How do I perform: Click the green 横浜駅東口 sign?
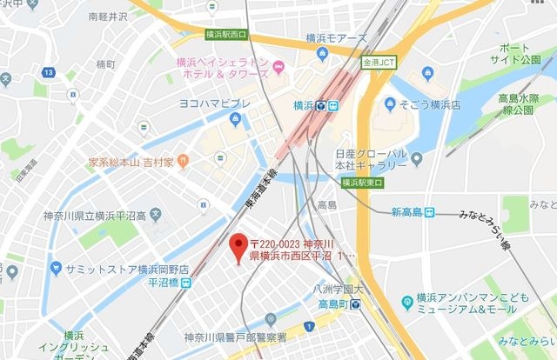coord(362,183)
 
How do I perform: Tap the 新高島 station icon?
coord(429,213)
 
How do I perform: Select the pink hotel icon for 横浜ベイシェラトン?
coord(279,68)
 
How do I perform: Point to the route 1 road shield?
coord(307,326)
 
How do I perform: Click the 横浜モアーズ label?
coord(337,38)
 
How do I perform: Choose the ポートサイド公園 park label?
coord(527,53)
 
